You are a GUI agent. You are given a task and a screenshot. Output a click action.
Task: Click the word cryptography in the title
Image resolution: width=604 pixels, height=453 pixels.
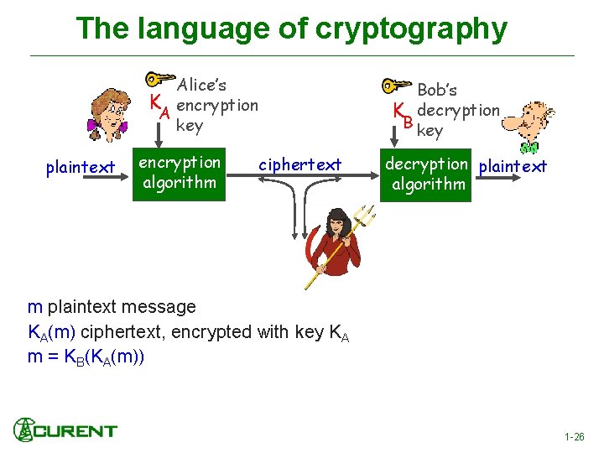pyautogui.click(x=411, y=29)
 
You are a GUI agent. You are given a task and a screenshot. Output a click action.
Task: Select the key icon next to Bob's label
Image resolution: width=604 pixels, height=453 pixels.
pyautogui.click(x=396, y=86)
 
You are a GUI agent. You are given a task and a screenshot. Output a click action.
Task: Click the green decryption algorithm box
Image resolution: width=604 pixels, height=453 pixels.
pyautogui.click(x=428, y=173)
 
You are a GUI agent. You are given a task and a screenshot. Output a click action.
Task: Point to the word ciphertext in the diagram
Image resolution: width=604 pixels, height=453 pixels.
pyautogui.click(x=299, y=164)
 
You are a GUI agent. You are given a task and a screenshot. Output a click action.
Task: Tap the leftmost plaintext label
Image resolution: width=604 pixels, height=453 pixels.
pyautogui.click(x=81, y=168)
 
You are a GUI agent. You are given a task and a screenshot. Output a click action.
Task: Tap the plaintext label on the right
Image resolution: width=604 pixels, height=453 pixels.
pyautogui.click(x=513, y=166)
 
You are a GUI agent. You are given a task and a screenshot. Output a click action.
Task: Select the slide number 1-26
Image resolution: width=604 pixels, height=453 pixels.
pyautogui.click(x=575, y=437)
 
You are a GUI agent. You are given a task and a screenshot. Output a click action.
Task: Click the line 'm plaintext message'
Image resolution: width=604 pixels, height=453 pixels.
pyautogui.click(x=112, y=307)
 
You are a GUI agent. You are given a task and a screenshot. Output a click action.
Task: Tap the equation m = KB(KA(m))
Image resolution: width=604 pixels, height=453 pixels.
pyautogui.click(x=86, y=356)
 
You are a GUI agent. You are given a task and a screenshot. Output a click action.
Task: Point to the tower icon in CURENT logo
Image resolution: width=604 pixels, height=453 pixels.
pyautogui.click(x=23, y=430)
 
